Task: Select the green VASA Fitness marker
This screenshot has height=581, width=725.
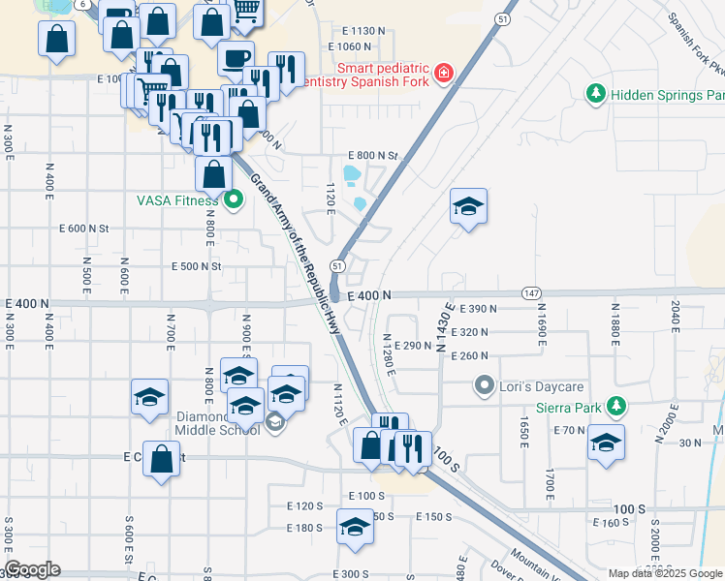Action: click(x=233, y=201)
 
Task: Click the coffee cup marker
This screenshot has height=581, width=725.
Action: click(x=236, y=59)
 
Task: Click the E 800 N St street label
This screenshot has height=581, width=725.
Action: click(x=373, y=155)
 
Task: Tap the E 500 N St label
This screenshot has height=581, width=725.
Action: click(x=197, y=266)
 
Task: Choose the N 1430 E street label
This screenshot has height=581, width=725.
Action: click(x=445, y=326)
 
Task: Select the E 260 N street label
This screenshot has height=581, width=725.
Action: click(x=469, y=355)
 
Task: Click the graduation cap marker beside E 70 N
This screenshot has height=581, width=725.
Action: click(x=607, y=441)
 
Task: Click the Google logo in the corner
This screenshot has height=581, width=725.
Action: click(x=32, y=569)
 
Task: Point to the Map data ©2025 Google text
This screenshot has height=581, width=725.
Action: click(x=665, y=573)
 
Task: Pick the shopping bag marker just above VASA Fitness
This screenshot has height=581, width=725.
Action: click(x=213, y=174)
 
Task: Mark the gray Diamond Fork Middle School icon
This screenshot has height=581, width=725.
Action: click(x=275, y=420)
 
